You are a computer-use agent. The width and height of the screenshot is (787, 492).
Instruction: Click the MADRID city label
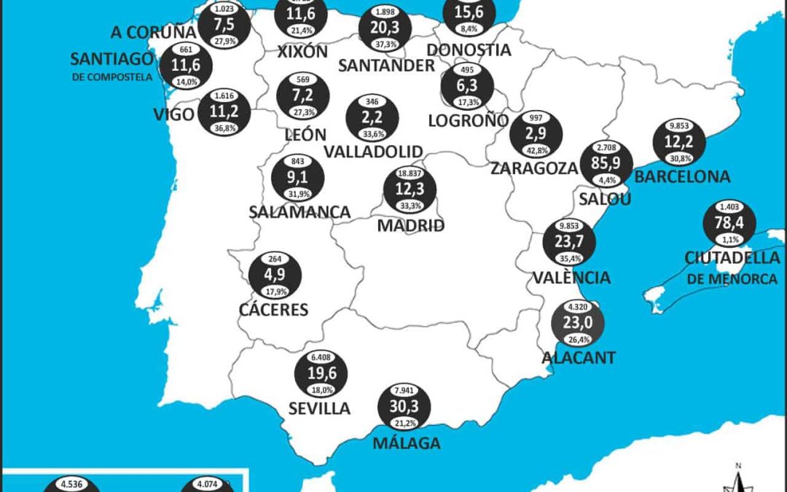(410, 226)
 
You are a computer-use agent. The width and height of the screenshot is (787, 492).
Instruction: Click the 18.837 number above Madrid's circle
(410, 173)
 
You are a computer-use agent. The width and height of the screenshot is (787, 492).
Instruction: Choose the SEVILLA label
(319, 408)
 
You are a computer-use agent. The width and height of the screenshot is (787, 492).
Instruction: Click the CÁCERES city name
(274, 310)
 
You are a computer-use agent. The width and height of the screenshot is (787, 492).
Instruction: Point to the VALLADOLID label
(373, 152)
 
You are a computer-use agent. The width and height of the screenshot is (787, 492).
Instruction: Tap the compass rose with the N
(737, 477)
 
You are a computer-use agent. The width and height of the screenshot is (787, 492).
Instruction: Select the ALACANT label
(579, 357)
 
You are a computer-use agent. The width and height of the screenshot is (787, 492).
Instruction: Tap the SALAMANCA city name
(299, 212)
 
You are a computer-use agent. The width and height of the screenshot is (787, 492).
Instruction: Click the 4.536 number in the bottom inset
(71, 482)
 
